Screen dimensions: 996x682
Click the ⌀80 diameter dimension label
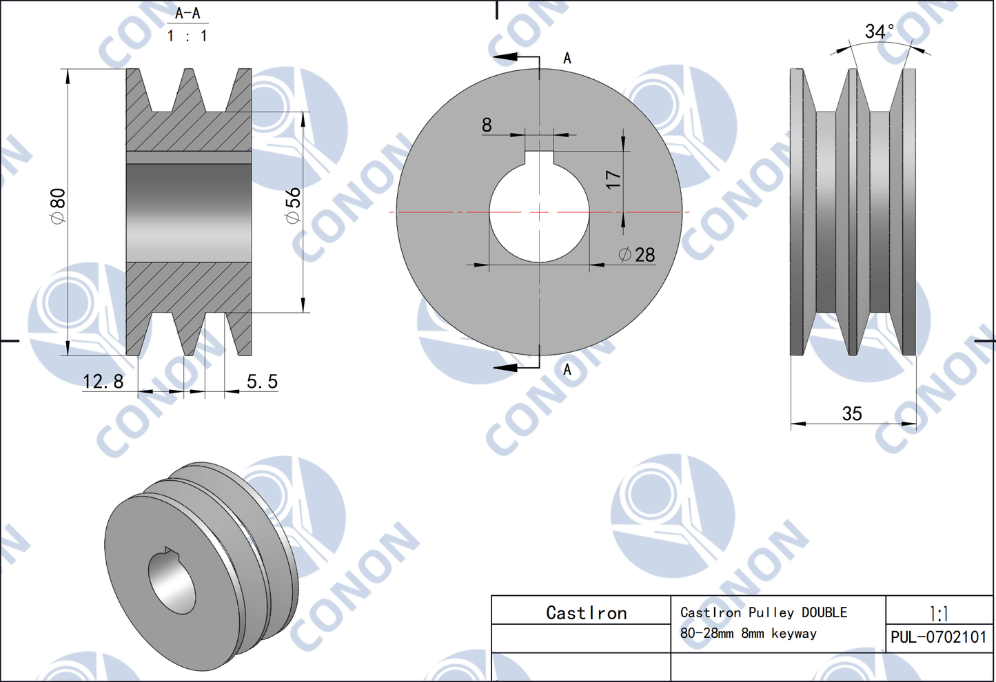pos(59,206)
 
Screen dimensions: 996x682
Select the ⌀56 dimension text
pos(293,205)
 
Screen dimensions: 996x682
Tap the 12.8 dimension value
pos(103,381)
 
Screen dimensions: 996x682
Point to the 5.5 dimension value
pos(263,381)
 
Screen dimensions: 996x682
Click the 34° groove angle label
pos(880,31)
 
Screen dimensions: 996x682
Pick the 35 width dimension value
pos(852,413)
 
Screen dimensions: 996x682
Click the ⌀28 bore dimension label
pos(637,255)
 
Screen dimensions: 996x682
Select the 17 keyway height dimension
pos(613,180)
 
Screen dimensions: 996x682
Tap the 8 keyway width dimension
pos(487,125)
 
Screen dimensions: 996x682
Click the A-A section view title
pos(187,13)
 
